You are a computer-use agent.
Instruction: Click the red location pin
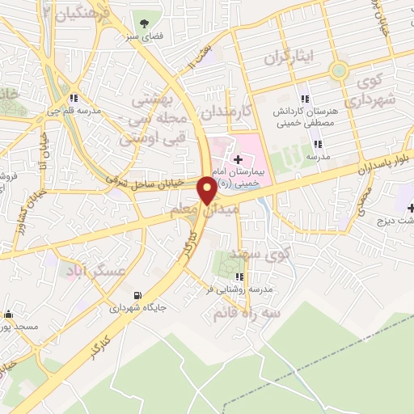pos(207,192)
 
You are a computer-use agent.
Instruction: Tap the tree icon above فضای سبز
pos(145,23)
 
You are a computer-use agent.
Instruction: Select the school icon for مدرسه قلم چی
pos(74,99)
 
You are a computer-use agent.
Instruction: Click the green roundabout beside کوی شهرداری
pos(339,71)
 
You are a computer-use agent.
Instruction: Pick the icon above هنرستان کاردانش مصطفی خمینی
pos(304,99)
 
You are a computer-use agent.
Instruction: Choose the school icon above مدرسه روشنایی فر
pos(239,277)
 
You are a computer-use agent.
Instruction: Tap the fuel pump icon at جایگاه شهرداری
pos(137,294)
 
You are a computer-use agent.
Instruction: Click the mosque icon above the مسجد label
pos(9,314)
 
